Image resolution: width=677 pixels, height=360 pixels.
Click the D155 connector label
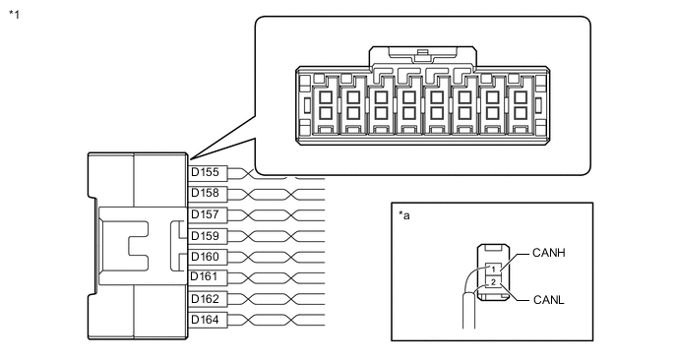pyautogui.click(x=205, y=172)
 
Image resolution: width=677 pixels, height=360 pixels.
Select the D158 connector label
pyautogui.click(x=205, y=193)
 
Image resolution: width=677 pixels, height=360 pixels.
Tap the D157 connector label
pyautogui.click(x=205, y=214)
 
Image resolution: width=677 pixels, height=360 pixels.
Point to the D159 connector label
pyautogui.click(x=205, y=236)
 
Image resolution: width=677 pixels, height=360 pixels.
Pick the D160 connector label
pyautogui.click(x=205, y=257)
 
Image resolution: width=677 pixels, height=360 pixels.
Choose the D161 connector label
pyautogui.click(x=205, y=276)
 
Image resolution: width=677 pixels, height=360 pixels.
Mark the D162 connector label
pyautogui.click(x=205, y=299)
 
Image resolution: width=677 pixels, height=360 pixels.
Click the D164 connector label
pyautogui.click(x=205, y=320)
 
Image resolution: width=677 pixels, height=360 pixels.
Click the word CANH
pyautogui.click(x=549, y=253)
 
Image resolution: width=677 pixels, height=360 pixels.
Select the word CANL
pyautogui.click(x=549, y=300)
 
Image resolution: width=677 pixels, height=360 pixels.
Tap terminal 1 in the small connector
pyautogui.click(x=493, y=269)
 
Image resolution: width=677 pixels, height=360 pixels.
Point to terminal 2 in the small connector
pyautogui.click(x=493, y=282)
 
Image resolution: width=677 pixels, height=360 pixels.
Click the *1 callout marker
pyautogui.click(x=14, y=15)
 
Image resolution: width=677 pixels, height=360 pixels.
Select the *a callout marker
pyautogui.click(x=404, y=215)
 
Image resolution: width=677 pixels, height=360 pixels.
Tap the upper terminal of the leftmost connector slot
pyautogui.click(x=325, y=97)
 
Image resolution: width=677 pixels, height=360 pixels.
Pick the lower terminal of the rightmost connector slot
pyautogui.click(x=521, y=113)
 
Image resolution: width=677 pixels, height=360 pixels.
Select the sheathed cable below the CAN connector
pyautogui.click(x=469, y=311)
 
